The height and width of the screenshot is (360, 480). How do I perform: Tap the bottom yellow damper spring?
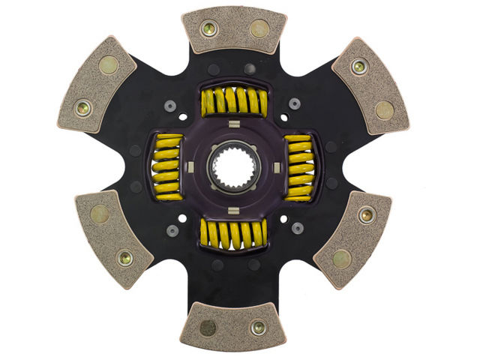233,235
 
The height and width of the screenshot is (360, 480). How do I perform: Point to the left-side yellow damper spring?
166,168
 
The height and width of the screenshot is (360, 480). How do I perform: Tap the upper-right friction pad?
370,85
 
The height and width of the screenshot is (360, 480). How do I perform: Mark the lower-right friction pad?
352,238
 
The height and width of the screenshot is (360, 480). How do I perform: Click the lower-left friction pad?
113,238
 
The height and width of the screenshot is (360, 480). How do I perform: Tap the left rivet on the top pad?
209,28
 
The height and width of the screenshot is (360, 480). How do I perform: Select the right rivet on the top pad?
259,28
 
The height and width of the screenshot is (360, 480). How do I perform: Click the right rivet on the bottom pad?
259,328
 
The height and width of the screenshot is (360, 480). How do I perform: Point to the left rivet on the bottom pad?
209,328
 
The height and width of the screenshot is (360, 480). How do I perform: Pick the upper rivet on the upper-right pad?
360,66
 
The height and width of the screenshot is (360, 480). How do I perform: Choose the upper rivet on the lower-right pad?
365,215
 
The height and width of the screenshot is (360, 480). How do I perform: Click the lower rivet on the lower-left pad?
125,258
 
